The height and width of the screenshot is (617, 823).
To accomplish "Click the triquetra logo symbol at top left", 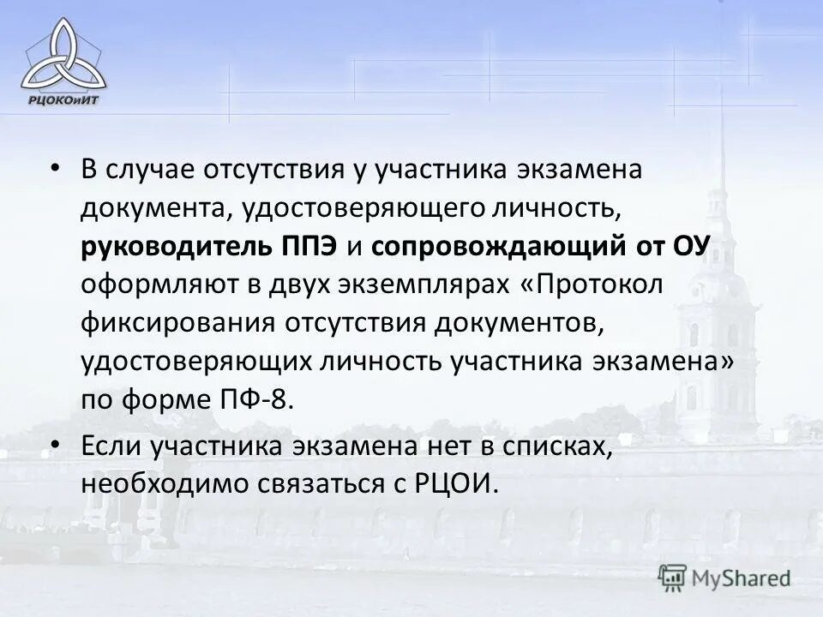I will (64, 53).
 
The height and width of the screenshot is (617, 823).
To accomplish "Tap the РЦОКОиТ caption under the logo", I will (64, 99).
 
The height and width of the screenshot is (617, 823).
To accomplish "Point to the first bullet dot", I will (56, 167).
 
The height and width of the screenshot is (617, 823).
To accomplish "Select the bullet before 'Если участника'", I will (56, 446).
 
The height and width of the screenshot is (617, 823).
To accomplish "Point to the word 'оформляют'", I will (144, 285).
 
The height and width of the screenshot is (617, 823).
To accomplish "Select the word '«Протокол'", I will (592, 285).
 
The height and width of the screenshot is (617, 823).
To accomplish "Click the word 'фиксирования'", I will (162, 323).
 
